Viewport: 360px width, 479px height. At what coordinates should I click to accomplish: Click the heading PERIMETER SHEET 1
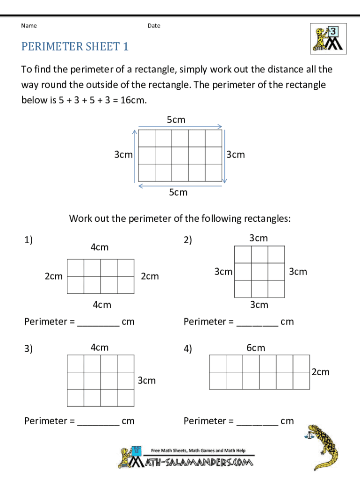[x=75, y=46]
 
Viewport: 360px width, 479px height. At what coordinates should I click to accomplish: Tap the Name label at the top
[x=29, y=26]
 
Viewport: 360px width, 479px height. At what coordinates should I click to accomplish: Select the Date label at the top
[x=154, y=26]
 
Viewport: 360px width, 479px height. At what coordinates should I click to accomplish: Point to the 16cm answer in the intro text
[x=133, y=100]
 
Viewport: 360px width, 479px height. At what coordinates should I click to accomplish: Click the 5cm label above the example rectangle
[x=176, y=120]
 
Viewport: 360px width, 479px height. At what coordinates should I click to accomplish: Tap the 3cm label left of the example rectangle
[x=123, y=154]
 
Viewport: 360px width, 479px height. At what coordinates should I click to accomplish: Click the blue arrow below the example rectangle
[x=180, y=185]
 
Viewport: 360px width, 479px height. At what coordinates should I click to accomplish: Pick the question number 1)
[x=29, y=240]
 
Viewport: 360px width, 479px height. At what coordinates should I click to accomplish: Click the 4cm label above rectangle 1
[x=99, y=247]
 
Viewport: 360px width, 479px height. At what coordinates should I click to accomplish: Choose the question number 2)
[x=188, y=240]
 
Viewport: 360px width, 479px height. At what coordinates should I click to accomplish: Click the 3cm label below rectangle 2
[x=259, y=305]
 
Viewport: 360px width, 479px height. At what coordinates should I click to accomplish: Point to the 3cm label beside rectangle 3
[x=146, y=380]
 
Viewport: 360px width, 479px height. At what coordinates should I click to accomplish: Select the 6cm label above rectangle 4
[x=256, y=348]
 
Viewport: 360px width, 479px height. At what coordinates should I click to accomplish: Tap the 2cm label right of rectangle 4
[x=320, y=372]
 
